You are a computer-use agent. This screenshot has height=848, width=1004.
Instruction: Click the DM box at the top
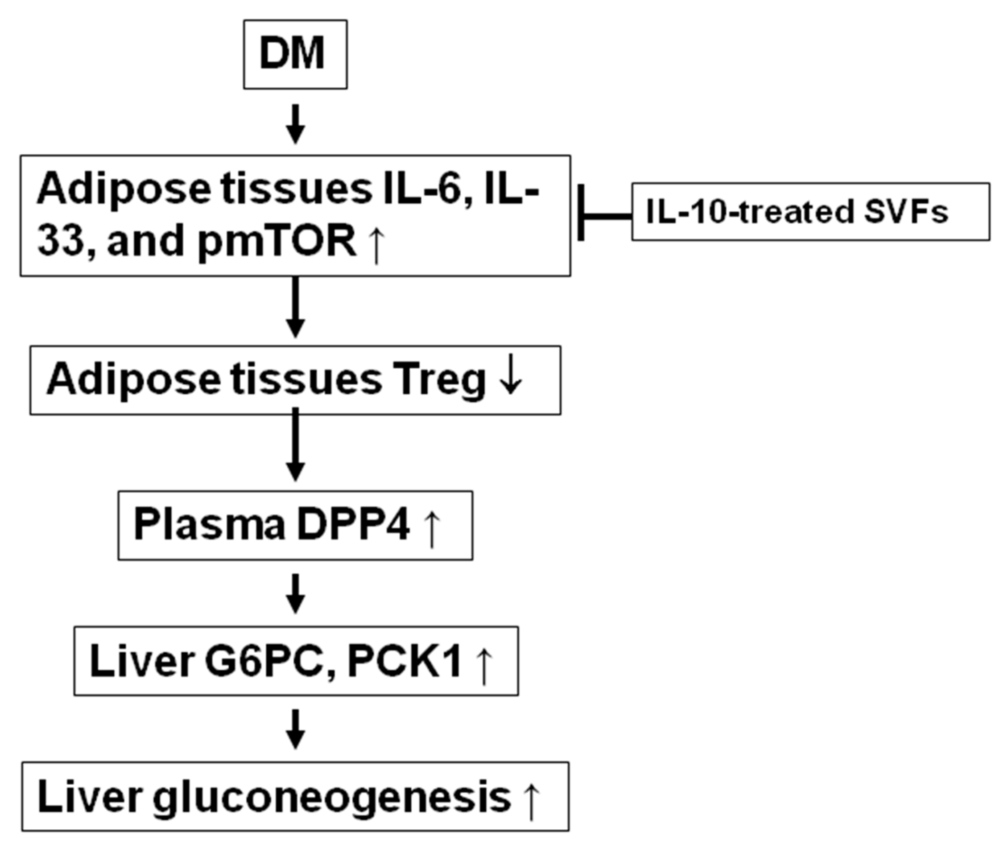(295, 54)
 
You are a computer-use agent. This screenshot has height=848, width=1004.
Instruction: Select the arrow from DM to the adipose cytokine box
(295, 124)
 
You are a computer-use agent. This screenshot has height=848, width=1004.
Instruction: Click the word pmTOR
(277, 241)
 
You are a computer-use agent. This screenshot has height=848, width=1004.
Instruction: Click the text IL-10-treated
(750, 212)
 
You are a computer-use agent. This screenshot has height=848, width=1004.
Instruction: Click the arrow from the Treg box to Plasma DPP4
(295, 445)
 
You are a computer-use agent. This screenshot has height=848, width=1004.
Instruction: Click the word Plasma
(210, 525)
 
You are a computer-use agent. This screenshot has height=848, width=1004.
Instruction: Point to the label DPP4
(353, 525)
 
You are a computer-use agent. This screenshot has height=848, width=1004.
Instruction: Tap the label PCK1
(405, 662)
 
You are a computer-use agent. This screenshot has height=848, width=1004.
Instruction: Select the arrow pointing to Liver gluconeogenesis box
(295, 729)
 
